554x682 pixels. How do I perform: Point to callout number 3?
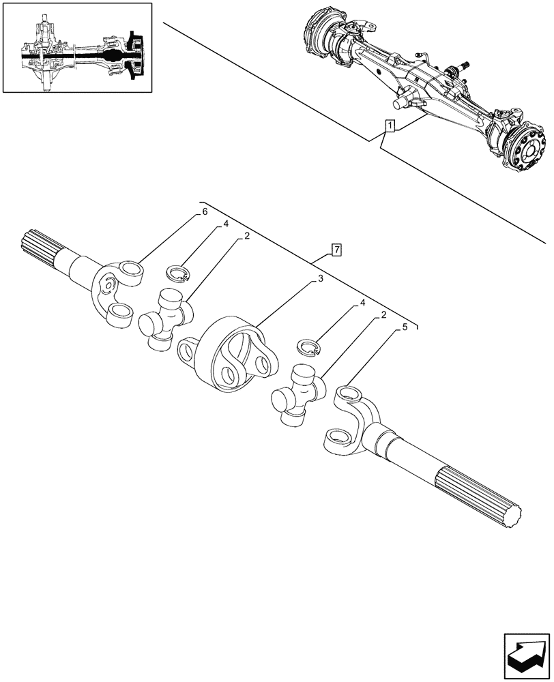319,279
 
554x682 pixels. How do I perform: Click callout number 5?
405,327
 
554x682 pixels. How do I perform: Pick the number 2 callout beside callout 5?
385,314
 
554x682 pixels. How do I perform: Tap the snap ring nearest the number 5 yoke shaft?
309,347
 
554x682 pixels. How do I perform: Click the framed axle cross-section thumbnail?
78,47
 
